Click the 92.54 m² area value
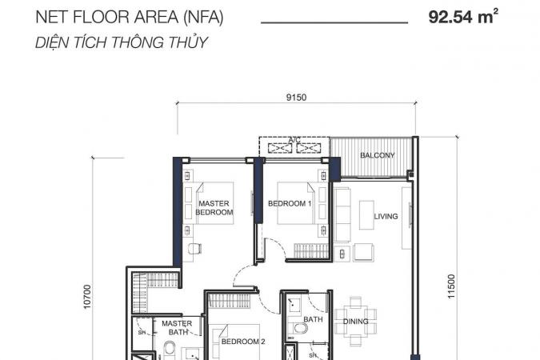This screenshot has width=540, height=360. click(x=463, y=17)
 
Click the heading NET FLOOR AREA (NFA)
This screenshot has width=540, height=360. click(x=130, y=18)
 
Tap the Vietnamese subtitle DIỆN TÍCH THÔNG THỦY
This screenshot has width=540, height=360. click(x=122, y=42)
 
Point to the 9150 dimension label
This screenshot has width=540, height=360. click(x=296, y=98)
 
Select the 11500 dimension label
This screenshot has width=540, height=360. click(x=451, y=286)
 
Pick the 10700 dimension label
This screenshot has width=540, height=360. click(x=87, y=297)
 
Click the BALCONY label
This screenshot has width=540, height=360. click(x=378, y=155)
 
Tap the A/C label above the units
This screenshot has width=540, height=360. click(x=294, y=140)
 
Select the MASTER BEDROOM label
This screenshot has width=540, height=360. click(x=214, y=208)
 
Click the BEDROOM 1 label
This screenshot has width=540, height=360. click(x=290, y=203)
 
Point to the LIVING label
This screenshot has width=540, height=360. click(x=386, y=216)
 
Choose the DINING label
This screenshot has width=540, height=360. click(x=356, y=322)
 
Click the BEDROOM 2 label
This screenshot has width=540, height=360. click(x=243, y=342)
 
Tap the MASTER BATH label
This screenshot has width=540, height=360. click(x=177, y=328)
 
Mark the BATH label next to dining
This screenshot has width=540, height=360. click(x=313, y=319)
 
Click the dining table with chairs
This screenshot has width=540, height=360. click(x=356, y=321)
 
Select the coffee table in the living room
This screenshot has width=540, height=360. click(x=366, y=215)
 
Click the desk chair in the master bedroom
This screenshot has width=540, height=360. click(x=194, y=249)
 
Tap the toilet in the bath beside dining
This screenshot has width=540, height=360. click(x=298, y=328)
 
